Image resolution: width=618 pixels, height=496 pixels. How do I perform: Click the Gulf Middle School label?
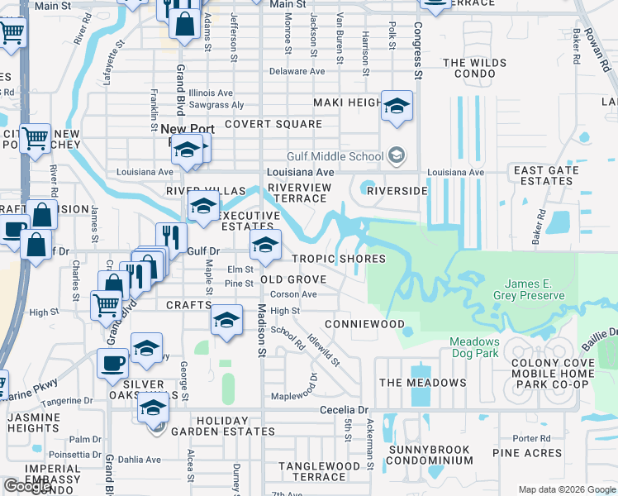[335, 155]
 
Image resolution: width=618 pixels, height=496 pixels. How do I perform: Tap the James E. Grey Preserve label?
[530, 289]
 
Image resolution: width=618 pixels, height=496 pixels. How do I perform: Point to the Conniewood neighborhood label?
[364, 324]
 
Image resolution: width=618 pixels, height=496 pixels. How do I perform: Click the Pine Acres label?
[528, 453]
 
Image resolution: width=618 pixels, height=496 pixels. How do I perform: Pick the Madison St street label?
[261, 331]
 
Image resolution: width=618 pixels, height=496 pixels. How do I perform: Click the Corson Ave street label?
[293, 293]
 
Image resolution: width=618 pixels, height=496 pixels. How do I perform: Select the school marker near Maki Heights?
[397, 105]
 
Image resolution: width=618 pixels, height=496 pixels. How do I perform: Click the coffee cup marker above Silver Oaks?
[112, 361]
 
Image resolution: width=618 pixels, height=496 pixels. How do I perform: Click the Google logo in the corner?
[27, 486]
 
